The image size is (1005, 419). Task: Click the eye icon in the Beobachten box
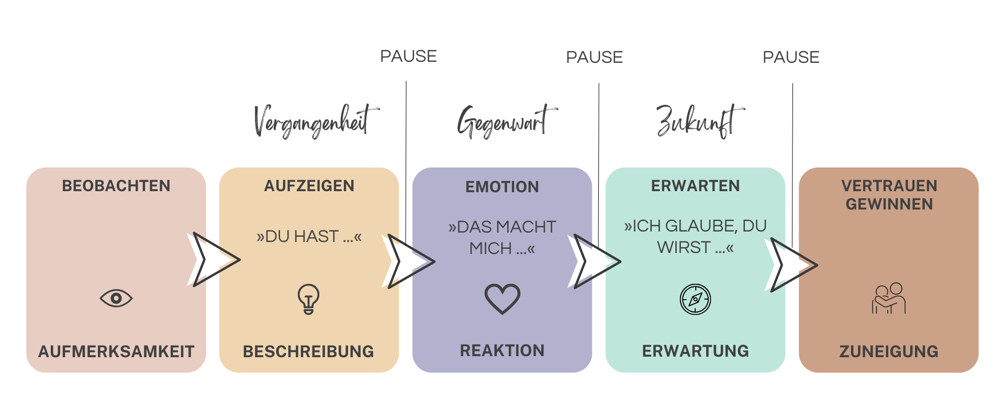click(116, 298)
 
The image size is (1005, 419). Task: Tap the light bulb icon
click(308, 299)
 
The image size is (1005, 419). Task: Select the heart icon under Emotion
click(502, 299)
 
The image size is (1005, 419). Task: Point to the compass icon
click(695, 299)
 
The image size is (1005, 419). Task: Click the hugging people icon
click(889, 299)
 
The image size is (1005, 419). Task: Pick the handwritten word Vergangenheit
click(314, 122)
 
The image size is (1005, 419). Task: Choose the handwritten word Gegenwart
click(505, 122)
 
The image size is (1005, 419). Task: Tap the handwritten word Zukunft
click(699, 122)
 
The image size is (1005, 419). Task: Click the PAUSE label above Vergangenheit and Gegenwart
click(408, 56)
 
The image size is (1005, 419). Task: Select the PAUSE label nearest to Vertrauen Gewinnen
click(791, 57)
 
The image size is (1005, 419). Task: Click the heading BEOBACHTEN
click(116, 186)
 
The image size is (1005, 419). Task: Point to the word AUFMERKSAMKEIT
click(116, 351)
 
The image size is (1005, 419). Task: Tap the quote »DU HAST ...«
click(309, 237)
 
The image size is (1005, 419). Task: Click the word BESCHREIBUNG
click(308, 351)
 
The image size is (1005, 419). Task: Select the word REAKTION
click(502, 351)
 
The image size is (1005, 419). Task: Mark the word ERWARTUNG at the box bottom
click(695, 351)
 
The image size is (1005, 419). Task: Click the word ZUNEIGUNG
click(889, 351)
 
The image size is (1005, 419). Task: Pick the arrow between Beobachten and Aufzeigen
click(214, 259)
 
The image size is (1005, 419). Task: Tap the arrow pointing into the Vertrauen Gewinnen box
click(791, 264)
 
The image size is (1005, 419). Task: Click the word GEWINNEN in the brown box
click(889, 204)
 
